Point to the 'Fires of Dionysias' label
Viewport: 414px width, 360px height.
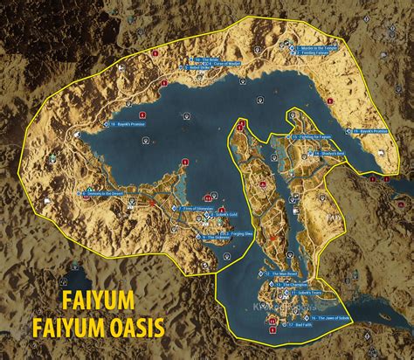point(197,208)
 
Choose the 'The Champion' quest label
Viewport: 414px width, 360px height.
point(291,285)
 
